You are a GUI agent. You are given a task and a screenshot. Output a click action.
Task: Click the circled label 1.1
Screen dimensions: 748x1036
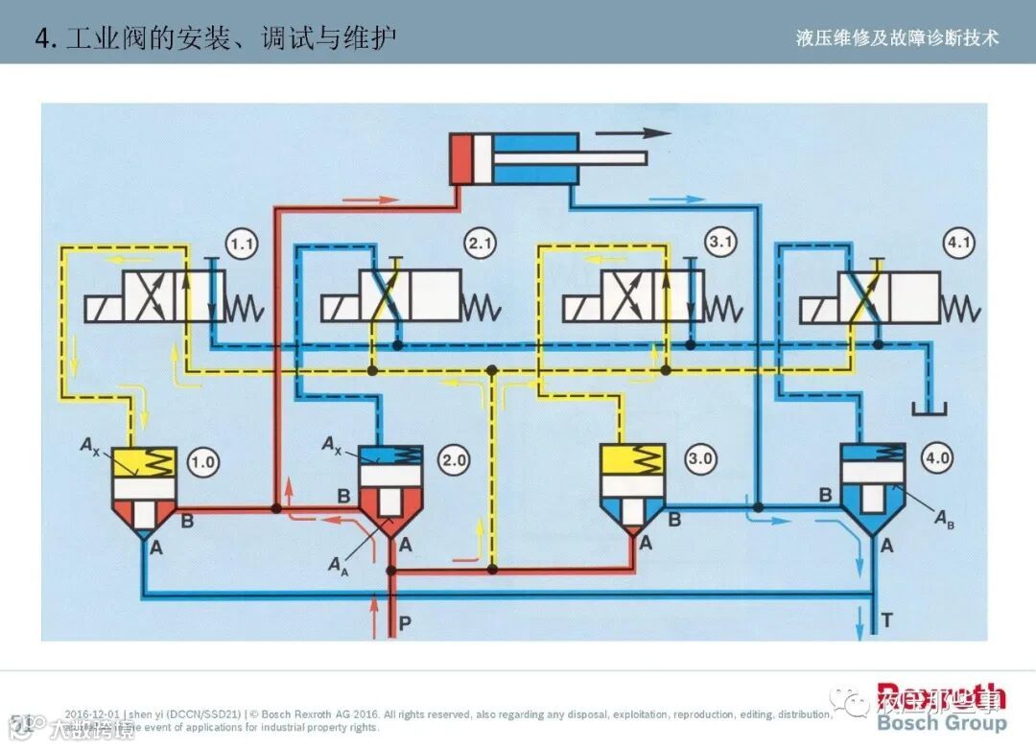pyautogui.click(x=242, y=245)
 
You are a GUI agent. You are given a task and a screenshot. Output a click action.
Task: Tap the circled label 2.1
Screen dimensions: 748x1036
pyautogui.click(x=480, y=245)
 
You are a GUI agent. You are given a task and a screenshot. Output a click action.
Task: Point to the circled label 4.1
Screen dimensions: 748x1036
pyautogui.click(x=958, y=244)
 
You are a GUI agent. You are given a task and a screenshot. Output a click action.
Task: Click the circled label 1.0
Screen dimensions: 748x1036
pyautogui.click(x=203, y=461)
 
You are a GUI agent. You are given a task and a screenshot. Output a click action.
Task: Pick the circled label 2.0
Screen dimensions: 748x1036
pyautogui.click(x=454, y=460)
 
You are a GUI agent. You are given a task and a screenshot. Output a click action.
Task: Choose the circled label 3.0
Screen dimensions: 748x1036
pyautogui.click(x=700, y=459)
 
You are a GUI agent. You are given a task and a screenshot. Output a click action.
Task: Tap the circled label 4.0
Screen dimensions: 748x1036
pyautogui.click(x=936, y=459)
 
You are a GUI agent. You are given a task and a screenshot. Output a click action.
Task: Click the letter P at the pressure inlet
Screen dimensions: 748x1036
pyautogui.click(x=405, y=622)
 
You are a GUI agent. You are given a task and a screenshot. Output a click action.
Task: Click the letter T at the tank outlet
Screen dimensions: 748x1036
pyautogui.click(x=886, y=620)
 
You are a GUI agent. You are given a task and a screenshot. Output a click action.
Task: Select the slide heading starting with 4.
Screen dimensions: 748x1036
pyautogui.click(x=216, y=37)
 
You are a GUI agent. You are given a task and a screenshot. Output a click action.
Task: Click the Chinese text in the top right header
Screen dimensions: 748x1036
pyautogui.click(x=897, y=37)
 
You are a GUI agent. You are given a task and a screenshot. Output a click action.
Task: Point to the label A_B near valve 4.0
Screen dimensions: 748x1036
pyautogui.click(x=946, y=519)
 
